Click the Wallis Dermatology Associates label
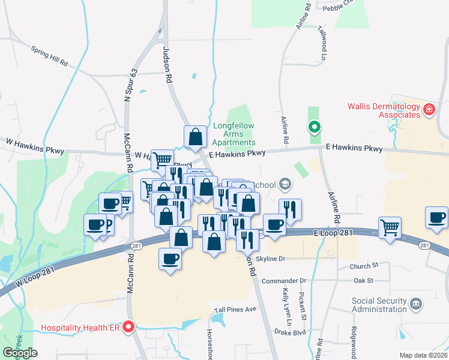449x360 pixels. pos(384,110)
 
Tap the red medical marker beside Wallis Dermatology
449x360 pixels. pos(429,109)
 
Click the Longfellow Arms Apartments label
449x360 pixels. pos(234,134)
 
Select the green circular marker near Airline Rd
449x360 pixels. pos(313,127)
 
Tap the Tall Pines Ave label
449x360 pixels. pos(235,309)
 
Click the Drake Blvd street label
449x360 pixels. pos(289,332)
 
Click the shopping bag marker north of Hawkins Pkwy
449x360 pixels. pos(195,137)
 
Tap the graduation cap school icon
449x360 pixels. pos(286,184)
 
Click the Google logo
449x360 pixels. pos(20,353)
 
